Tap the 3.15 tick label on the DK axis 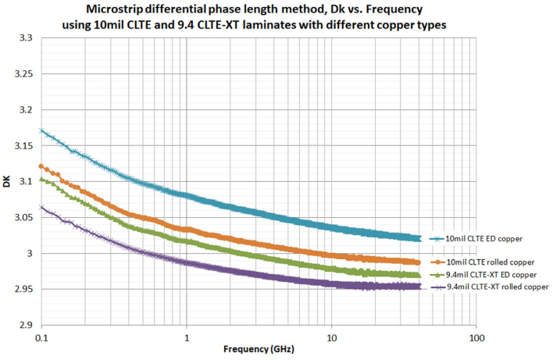pyautogui.click(x=23, y=145)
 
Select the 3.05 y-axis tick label pyautogui.click(x=23, y=217)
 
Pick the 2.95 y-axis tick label pyautogui.click(x=23, y=289)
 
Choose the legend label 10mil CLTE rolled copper pyautogui.click(x=488, y=262)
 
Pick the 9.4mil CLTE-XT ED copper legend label pyautogui.click(x=490, y=274)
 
